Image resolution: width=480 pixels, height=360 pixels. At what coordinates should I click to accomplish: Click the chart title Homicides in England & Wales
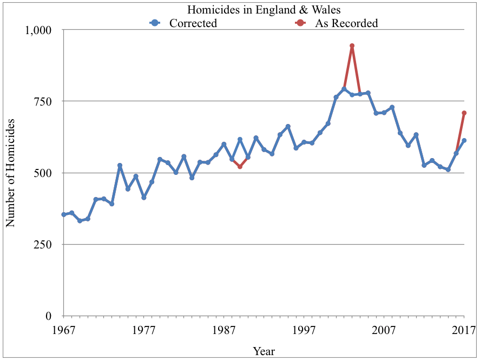[264, 10]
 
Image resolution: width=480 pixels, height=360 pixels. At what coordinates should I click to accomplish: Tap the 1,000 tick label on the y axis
[38, 30]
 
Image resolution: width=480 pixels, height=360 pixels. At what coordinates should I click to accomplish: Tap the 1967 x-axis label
[63, 330]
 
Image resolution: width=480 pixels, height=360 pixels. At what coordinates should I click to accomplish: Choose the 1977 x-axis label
[143, 330]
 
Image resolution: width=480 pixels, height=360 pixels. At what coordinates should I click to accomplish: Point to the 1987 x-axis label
[223, 330]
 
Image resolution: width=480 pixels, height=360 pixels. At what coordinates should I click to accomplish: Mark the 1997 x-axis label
[304, 330]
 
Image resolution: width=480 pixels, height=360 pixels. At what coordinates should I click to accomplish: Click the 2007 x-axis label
[384, 330]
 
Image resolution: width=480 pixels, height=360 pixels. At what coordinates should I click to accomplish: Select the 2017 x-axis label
[463, 330]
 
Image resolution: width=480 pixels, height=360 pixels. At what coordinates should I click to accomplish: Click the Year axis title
[264, 351]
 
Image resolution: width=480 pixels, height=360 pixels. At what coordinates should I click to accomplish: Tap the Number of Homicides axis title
[11, 173]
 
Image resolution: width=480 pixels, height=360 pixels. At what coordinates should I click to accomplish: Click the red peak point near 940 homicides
[352, 46]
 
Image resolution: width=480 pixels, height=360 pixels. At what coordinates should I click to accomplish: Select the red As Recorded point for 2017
[464, 113]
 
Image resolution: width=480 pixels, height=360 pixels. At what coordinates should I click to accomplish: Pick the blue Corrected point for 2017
[464, 141]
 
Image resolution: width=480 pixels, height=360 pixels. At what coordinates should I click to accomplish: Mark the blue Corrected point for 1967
[63, 214]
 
